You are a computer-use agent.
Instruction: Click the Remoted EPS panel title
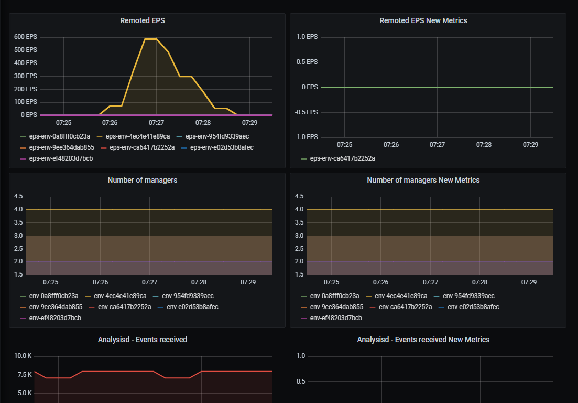click(x=143, y=20)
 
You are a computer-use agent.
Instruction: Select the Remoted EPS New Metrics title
click(x=423, y=20)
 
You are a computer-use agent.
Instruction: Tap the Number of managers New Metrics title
click(x=423, y=180)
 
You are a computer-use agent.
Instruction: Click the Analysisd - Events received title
click(x=143, y=340)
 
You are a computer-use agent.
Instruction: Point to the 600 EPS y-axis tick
click(x=26, y=37)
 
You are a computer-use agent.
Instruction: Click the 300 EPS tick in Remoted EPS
click(x=26, y=76)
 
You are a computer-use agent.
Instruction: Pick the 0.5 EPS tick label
click(x=307, y=62)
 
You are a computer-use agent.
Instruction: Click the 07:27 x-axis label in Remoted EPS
click(x=156, y=123)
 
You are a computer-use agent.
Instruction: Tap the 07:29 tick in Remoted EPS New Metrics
click(x=530, y=144)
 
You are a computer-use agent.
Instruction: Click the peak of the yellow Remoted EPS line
click(x=150, y=39)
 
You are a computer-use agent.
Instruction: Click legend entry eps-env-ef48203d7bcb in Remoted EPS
click(x=61, y=158)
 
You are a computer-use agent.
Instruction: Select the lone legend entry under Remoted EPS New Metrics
click(x=342, y=158)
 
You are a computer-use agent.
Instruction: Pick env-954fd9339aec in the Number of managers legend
click(x=187, y=296)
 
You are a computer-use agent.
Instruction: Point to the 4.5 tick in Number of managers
click(x=18, y=196)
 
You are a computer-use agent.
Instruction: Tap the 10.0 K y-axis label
click(x=23, y=356)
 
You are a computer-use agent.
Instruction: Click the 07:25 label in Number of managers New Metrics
click(x=332, y=282)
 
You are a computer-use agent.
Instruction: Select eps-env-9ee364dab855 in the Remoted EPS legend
click(x=61, y=147)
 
